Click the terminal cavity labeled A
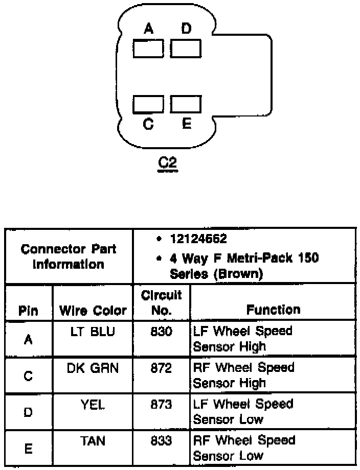pos(148,49)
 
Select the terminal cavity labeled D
pos(186,49)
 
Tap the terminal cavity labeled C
pos(148,104)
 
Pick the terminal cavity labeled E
pos(186,104)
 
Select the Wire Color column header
pos(93,310)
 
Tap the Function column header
pos(273,309)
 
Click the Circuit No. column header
pos(161,302)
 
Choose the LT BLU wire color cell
pos(92,332)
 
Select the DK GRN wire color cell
pos(92,368)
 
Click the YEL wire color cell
pos(93,404)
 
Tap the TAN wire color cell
pos(93,440)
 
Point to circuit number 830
pos(161,332)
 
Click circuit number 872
pos(161,368)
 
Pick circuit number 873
pos(161,404)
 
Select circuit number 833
pos(161,440)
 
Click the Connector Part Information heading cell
pos(69,256)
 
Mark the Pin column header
pos(29,311)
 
